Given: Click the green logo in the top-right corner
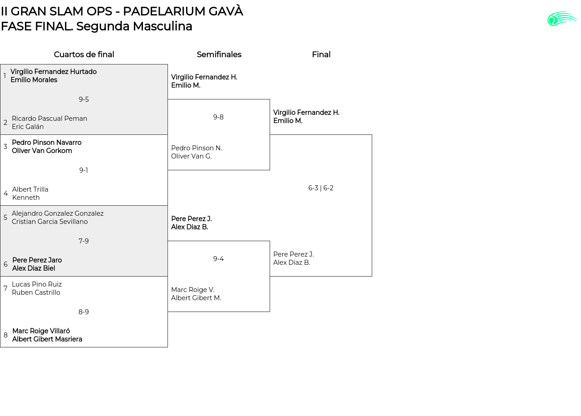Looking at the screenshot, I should [562, 19].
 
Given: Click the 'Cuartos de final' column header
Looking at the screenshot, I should [84, 54].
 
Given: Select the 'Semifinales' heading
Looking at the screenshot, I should [219, 54].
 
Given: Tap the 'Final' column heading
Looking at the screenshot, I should [321, 54].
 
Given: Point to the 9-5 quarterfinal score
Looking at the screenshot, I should [84, 99].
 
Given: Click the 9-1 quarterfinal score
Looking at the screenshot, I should [84, 170].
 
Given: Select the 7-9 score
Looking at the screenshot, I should [84, 241].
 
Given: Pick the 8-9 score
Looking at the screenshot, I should [84, 312].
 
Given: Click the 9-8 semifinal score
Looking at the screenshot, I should [218, 117].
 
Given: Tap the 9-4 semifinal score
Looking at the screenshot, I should [218, 259].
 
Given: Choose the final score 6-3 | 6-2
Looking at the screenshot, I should [321, 188].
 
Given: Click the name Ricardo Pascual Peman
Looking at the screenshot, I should [49, 119].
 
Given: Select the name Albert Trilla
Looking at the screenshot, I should [30, 189].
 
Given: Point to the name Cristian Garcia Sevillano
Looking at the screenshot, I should [50, 222].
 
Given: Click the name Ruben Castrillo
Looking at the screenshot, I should [36, 292].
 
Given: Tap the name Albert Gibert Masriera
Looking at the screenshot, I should [47, 339].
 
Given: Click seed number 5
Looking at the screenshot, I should [5, 218].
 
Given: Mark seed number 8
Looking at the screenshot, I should [5, 335].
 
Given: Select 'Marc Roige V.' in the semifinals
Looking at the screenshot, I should [193, 290].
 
